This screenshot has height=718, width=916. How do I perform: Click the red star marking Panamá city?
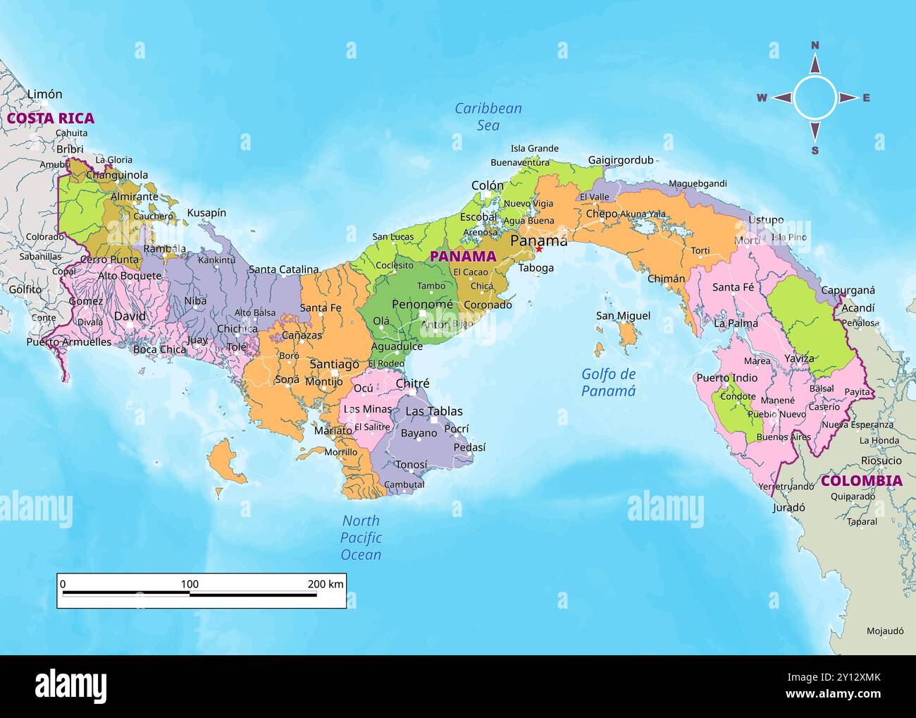[539, 249]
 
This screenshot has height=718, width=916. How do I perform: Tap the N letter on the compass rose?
[815, 46]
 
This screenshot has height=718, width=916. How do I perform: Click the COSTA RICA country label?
[51, 118]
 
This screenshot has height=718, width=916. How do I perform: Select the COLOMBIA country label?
[861, 481]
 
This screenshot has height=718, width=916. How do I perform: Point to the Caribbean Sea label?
[488, 116]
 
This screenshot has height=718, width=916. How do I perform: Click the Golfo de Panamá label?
[608, 382]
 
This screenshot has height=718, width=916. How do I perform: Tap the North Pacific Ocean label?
[361, 537]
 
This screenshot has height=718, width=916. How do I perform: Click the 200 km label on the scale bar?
[326, 584]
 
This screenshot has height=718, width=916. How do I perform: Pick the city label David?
[130, 316]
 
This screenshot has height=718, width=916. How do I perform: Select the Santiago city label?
[334, 364]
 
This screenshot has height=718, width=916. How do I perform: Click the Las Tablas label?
[434, 411]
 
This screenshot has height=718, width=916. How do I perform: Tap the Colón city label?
[488, 185]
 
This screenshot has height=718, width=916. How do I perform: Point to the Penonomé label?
[422, 305]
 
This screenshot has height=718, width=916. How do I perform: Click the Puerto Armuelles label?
[69, 342]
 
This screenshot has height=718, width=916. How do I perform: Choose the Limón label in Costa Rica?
[44, 94]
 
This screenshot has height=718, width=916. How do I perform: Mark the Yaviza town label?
[799, 358]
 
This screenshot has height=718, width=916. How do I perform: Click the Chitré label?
[412, 384]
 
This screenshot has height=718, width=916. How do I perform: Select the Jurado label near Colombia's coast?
[788, 507]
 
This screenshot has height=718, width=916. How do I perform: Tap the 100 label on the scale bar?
[190, 584]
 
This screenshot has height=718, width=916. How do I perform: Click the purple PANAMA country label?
[463, 257]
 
